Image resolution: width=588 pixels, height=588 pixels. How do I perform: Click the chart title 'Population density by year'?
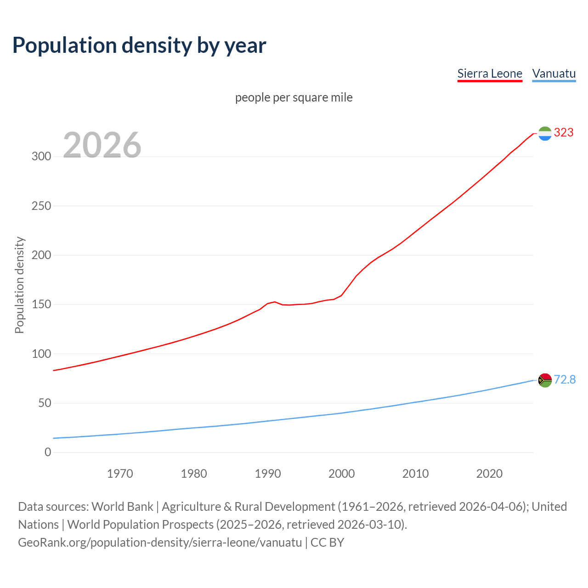[x=139, y=45]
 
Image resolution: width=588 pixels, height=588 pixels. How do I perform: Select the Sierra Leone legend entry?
[x=490, y=73]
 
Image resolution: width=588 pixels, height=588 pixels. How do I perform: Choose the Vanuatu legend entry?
[x=554, y=73]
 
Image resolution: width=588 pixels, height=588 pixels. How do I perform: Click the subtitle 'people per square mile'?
[x=294, y=97]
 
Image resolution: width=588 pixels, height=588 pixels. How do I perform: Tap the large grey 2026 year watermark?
[x=102, y=145]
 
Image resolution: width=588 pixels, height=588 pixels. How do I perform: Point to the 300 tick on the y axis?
[x=41, y=156]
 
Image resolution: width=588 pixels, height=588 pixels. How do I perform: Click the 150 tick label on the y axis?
[x=41, y=305]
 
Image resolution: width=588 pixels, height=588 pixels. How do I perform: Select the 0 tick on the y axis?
[x=48, y=452]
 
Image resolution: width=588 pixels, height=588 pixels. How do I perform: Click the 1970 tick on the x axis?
[x=120, y=474]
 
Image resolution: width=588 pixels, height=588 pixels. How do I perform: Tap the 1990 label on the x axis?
[x=268, y=474]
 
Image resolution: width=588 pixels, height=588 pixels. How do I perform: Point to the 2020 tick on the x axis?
[x=489, y=474]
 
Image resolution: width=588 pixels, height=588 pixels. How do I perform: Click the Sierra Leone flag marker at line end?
[x=545, y=133]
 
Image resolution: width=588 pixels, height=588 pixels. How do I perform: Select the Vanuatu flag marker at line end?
[x=545, y=380]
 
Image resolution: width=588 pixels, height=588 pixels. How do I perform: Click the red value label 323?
[x=564, y=133]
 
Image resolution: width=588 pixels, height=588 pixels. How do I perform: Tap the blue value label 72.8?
[x=565, y=380]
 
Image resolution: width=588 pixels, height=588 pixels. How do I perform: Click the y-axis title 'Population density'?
[x=19, y=285]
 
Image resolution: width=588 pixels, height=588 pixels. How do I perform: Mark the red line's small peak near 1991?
[x=275, y=302]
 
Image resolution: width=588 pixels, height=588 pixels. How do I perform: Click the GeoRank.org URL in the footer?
[x=160, y=543]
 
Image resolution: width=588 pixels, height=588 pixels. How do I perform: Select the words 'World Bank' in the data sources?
[x=122, y=507]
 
